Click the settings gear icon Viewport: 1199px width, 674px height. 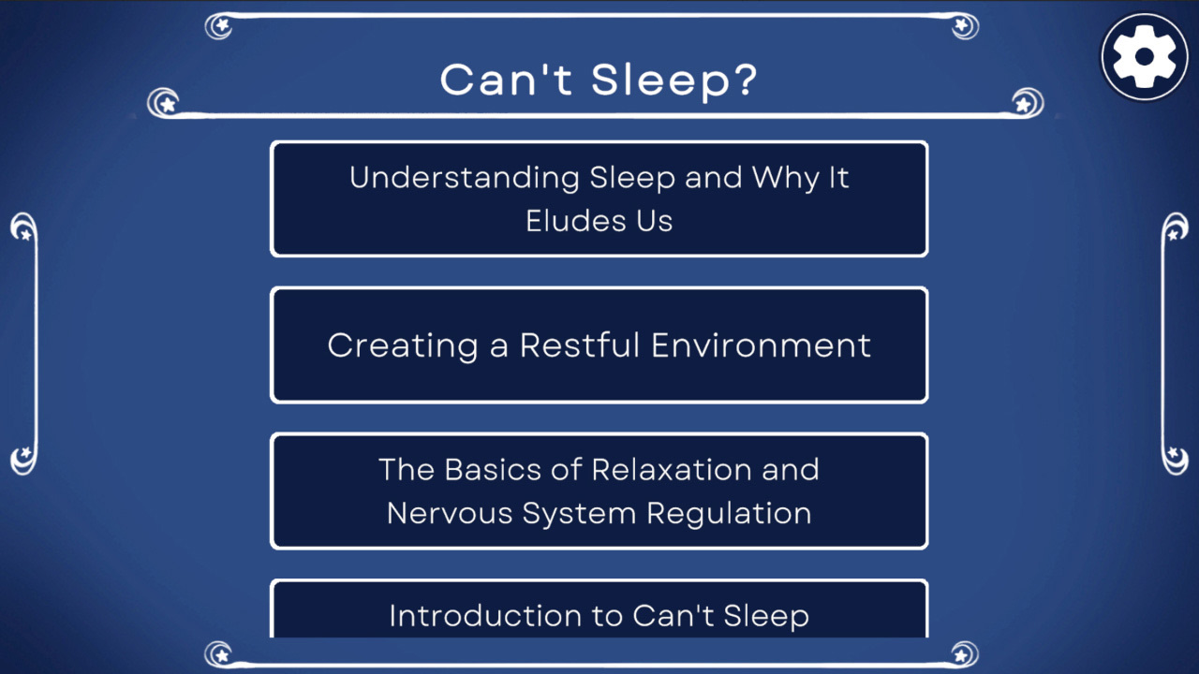click(x=1144, y=57)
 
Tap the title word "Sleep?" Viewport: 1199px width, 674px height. click(x=674, y=81)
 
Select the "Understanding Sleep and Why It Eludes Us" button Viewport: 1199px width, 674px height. click(x=599, y=198)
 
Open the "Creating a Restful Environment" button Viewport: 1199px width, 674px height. click(x=599, y=344)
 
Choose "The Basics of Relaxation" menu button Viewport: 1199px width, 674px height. click(x=599, y=491)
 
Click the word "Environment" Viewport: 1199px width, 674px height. click(x=762, y=345)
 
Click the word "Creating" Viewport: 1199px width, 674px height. click(x=403, y=345)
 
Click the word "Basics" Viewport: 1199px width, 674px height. click(x=494, y=469)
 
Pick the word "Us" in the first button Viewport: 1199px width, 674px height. click(x=653, y=221)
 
